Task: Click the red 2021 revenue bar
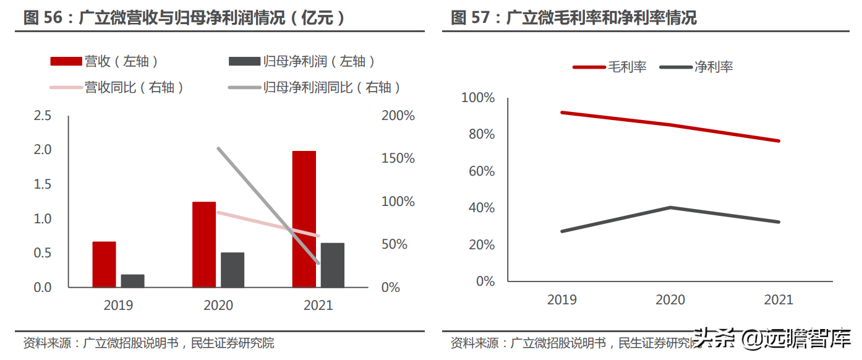pos(304,219)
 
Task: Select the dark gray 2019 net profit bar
pos(132,281)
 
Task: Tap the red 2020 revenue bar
pos(204,244)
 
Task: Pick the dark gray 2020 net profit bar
pos(233,270)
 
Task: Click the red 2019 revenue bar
pos(104,264)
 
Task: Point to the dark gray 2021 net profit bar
pos(333,265)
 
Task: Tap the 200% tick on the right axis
pos(398,116)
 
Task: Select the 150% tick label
pos(398,158)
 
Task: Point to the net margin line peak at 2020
pos(671,207)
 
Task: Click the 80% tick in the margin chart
pos(478,134)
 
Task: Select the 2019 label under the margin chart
pos(562,300)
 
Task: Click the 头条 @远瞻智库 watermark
pos(773,340)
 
